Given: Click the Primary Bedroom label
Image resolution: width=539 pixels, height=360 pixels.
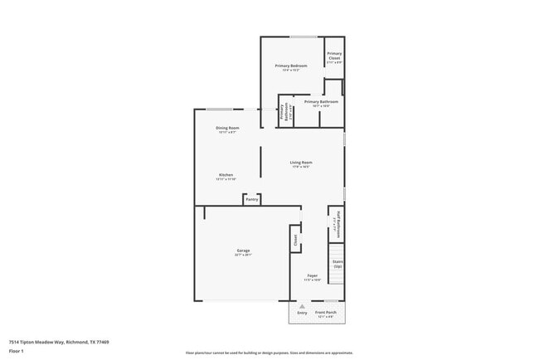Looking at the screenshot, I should [x=291, y=66].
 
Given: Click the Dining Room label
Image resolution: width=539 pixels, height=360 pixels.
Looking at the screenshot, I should [x=227, y=128].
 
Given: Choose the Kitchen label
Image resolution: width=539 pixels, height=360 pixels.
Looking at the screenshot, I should [x=226, y=175].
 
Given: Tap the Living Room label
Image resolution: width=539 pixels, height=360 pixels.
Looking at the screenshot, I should [x=301, y=163].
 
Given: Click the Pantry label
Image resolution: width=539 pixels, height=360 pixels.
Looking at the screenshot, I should [x=252, y=200].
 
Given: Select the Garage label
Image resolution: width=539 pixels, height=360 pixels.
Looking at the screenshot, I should [x=243, y=251].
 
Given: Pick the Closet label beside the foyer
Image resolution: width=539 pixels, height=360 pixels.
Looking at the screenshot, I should [x=294, y=240].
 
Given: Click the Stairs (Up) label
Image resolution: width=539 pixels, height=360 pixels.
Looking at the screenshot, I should [x=337, y=263].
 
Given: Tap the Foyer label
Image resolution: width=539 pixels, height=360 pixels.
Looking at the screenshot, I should [x=313, y=275].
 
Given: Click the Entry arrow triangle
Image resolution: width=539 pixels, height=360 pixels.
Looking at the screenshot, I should [x=302, y=305].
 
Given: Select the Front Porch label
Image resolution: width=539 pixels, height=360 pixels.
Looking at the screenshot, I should [x=325, y=313].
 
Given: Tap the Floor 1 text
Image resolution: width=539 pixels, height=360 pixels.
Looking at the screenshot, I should [x=17, y=351].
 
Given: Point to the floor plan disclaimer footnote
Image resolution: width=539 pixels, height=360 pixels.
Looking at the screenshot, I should [x=269, y=352].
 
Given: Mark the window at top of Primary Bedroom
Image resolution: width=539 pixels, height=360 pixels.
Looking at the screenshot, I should [x=302, y=36].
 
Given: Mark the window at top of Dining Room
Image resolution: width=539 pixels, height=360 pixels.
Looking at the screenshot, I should [x=219, y=109].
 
